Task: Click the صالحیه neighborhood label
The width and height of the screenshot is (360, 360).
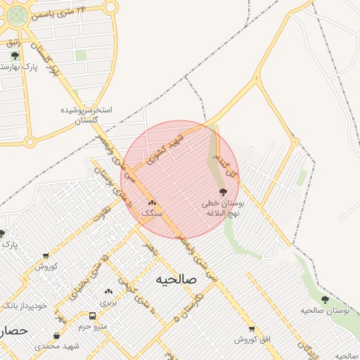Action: pyautogui.click(x=171, y=279)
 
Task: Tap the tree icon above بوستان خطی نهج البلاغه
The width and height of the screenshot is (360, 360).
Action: pyautogui.click(x=223, y=192)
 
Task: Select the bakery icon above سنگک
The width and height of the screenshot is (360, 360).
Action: pyautogui.click(x=152, y=202)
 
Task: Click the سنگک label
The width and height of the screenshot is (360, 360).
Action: pyautogui.click(x=152, y=212)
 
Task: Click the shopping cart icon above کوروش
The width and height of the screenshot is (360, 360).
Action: pyautogui.click(x=46, y=256)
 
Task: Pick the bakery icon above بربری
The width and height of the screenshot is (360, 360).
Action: pyautogui.click(x=108, y=291)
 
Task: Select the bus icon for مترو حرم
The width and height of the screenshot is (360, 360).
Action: pyautogui.click(x=92, y=316)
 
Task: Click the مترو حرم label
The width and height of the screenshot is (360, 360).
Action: pyautogui.click(x=91, y=327)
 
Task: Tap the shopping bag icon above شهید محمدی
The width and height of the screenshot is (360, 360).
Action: pyautogui.click(x=56, y=336)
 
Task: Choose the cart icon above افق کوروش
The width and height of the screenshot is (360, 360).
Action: pyautogui.click(x=252, y=329)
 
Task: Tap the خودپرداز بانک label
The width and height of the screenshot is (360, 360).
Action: pyautogui.click(x=24, y=306)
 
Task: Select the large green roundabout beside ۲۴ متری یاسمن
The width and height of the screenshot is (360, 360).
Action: pyautogui.click(x=18, y=15)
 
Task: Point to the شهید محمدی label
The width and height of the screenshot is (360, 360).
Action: pyautogui.click(x=57, y=346)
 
